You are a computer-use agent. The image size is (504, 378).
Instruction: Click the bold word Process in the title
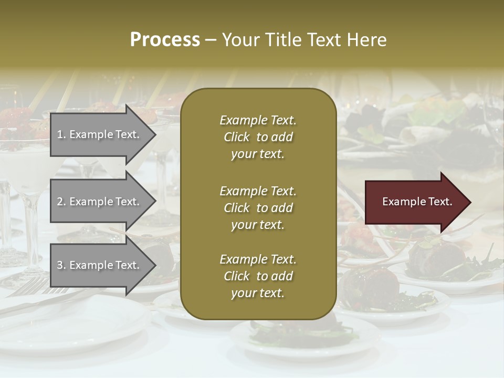[x=165, y=40]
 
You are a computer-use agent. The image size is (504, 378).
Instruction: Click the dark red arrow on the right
[x=415, y=202]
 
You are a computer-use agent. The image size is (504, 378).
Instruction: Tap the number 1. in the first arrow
[x=61, y=134]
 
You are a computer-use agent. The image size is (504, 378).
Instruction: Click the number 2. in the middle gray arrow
[x=61, y=202]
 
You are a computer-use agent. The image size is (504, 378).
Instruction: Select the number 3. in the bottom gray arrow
[x=61, y=265]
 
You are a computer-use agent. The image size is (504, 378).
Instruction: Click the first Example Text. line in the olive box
[x=258, y=120]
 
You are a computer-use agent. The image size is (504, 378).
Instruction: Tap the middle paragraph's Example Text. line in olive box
[x=258, y=191]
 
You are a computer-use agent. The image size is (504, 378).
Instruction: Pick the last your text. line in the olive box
[x=258, y=293]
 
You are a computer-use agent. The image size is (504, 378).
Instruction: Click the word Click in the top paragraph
[x=237, y=137]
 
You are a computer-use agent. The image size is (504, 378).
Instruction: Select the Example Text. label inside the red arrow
[x=417, y=202]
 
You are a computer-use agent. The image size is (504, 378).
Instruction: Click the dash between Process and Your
[x=211, y=40]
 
